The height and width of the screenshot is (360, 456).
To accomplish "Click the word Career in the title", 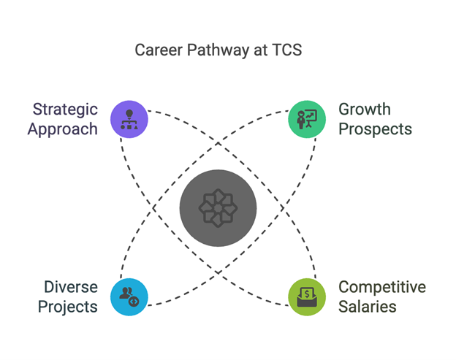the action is click(x=159, y=50).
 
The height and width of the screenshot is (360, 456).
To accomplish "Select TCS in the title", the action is click(x=286, y=50).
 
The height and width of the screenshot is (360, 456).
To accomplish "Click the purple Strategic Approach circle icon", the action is click(x=129, y=119).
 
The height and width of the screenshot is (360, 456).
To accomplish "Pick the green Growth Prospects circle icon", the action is click(x=307, y=119).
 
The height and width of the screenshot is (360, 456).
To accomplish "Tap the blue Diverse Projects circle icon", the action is click(x=129, y=297).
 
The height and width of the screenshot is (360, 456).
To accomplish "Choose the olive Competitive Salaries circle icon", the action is click(x=307, y=297).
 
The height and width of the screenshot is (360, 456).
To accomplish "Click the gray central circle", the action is click(x=218, y=208).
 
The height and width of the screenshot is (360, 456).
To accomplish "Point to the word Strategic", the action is click(x=65, y=110).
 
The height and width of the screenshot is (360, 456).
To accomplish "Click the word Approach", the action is click(x=63, y=130).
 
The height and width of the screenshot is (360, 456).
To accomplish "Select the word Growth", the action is click(x=365, y=110).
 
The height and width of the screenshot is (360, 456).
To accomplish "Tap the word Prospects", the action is click(x=375, y=129).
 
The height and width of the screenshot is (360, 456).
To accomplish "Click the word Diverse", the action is click(x=71, y=287).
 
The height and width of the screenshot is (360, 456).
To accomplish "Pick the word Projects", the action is click(x=68, y=307).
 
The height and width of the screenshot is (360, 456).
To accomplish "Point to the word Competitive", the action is click(x=382, y=288).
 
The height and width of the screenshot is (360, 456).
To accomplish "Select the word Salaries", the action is click(x=368, y=307).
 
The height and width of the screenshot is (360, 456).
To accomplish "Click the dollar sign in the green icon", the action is click(x=307, y=294).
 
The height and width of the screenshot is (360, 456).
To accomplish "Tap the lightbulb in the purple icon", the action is click(x=129, y=114).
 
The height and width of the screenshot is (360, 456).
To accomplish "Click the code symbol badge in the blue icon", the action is click(x=134, y=302).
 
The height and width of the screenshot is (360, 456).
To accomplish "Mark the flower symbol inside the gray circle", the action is click(x=218, y=208).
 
